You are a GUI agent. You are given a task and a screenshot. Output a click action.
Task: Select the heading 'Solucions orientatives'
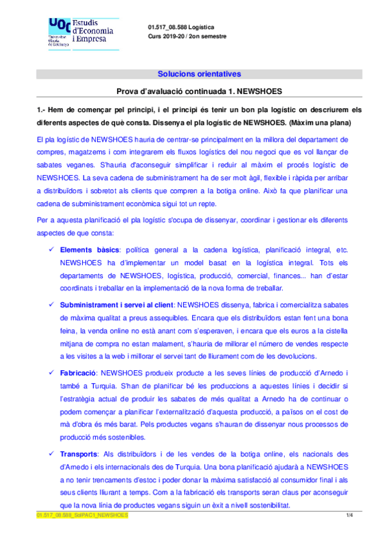click(199, 73)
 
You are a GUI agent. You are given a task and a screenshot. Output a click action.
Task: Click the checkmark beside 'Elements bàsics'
click(51, 249)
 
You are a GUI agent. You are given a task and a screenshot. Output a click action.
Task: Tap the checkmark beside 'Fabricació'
click(51, 372)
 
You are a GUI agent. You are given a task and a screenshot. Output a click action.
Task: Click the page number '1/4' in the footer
click(350, 515)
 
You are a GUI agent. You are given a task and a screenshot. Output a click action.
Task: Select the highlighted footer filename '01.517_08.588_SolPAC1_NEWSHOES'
click(82, 515)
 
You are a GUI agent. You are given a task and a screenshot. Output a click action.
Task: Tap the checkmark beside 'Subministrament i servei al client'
click(51, 304)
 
